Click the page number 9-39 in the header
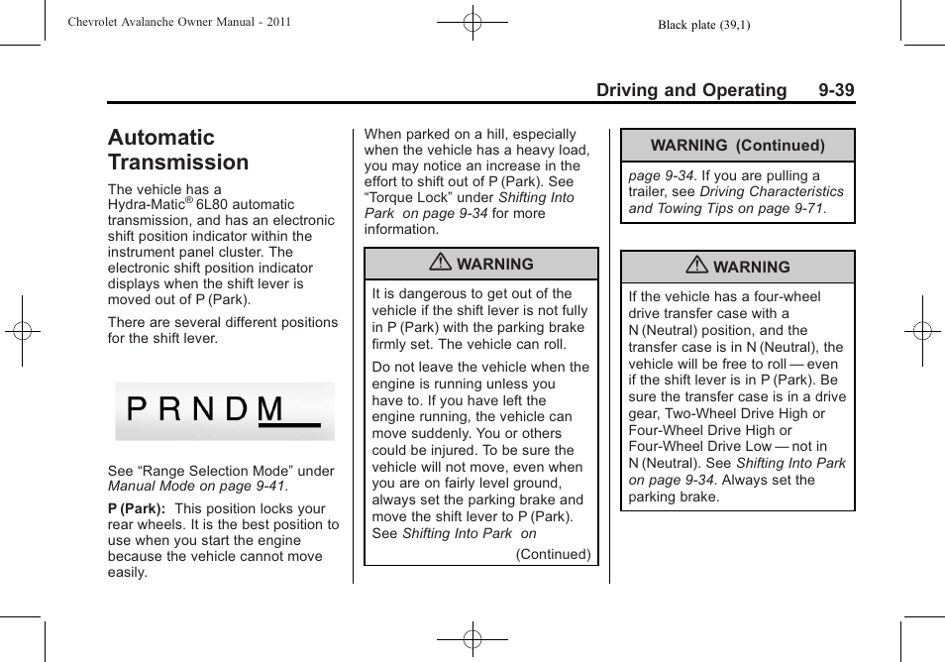[836, 90]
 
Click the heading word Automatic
[160, 138]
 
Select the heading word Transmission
[178, 163]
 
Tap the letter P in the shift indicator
[137, 410]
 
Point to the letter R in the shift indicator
[169, 410]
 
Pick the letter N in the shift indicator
[203, 410]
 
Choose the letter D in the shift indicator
[236, 410]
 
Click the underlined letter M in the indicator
[271, 410]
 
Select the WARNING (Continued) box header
[737, 146]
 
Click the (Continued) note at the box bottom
[553, 555]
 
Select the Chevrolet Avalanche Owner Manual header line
[179, 22]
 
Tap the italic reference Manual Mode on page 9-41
[196, 488]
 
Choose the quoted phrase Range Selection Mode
[217, 472]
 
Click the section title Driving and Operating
[690, 90]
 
